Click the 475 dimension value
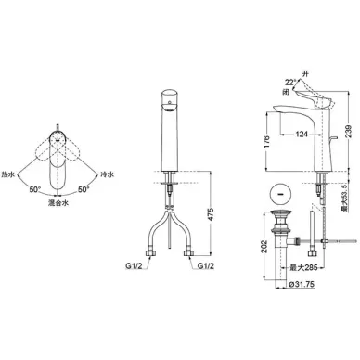coord(211,213)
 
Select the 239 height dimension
coord(349,133)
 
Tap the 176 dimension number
coord(267,142)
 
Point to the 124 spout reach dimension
coord(302,135)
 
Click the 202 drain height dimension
coord(264,247)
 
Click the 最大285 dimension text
coord(303,268)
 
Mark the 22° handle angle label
coord(290,83)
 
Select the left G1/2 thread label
coord(134,266)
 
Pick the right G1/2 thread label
coord(206,266)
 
